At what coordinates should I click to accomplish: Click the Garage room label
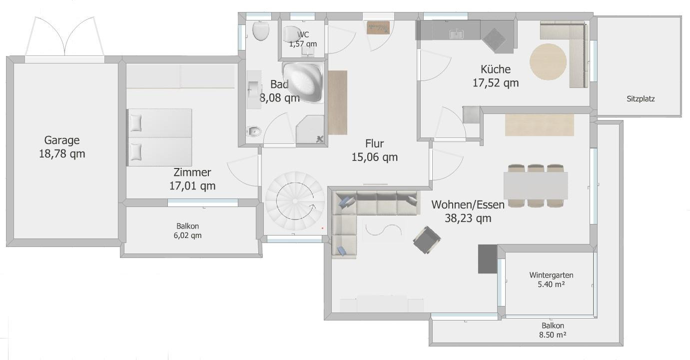62,140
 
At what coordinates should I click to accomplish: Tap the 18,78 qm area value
62,154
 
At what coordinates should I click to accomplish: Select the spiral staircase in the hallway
295,201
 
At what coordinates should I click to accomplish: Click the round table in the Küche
548,62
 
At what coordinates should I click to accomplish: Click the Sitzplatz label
641,99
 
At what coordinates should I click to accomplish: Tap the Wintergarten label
551,275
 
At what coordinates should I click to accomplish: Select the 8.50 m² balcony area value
553,334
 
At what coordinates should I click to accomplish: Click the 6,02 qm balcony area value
187,235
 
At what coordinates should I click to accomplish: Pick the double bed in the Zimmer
159,137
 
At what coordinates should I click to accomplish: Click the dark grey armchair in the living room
427,240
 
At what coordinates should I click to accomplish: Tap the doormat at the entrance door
378,27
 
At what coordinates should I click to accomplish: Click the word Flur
375,143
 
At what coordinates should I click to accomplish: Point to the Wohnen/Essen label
468,204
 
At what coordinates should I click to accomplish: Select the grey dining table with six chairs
536,185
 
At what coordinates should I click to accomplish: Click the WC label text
303,34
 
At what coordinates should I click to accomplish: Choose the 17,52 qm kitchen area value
496,83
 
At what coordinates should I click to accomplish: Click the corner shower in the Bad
310,129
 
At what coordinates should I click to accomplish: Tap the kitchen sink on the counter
456,34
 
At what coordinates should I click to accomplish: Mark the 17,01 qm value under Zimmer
192,186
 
